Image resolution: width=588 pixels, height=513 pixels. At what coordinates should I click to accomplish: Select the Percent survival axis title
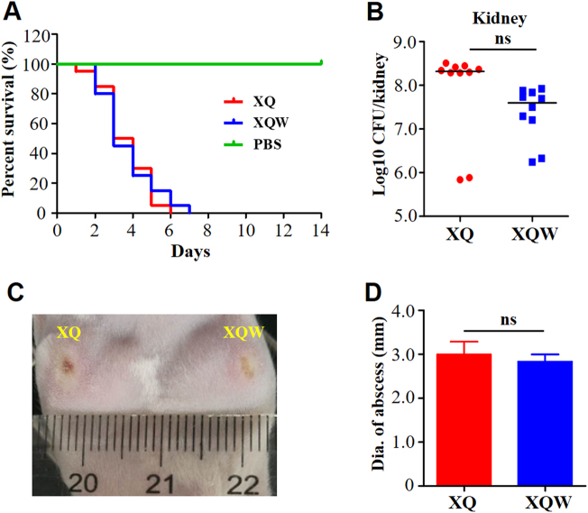(x=11, y=124)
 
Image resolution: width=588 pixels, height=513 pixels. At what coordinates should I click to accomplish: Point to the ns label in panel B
(x=501, y=39)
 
